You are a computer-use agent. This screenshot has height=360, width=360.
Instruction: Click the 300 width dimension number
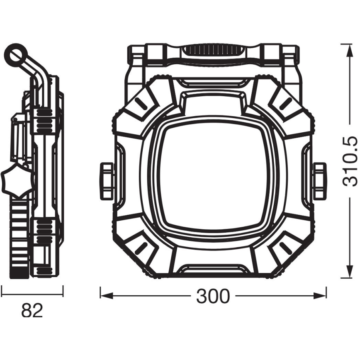213,296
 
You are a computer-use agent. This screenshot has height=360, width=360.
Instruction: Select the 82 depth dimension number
32,310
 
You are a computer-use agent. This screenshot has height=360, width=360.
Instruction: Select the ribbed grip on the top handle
213,51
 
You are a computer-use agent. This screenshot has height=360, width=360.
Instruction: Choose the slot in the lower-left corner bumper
141,249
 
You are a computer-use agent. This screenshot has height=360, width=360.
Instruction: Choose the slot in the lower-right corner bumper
285,249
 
